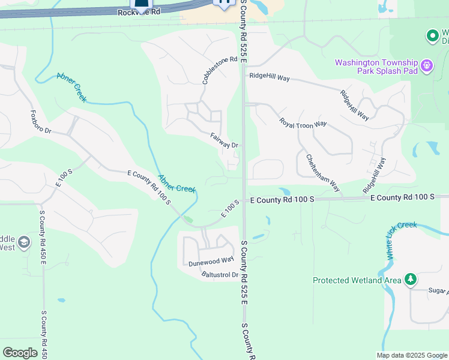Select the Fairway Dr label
pos(225,141)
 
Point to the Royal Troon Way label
pos(303,122)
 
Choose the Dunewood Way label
pos(211,260)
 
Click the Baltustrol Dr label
pos(220,275)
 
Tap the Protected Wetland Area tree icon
pos(411,279)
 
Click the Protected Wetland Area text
pos(357,280)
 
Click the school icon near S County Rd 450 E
pos(24,242)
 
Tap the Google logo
pos(20,352)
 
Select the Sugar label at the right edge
pos(438,292)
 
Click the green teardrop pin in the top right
pos(432,37)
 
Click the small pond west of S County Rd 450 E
pos(61,299)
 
